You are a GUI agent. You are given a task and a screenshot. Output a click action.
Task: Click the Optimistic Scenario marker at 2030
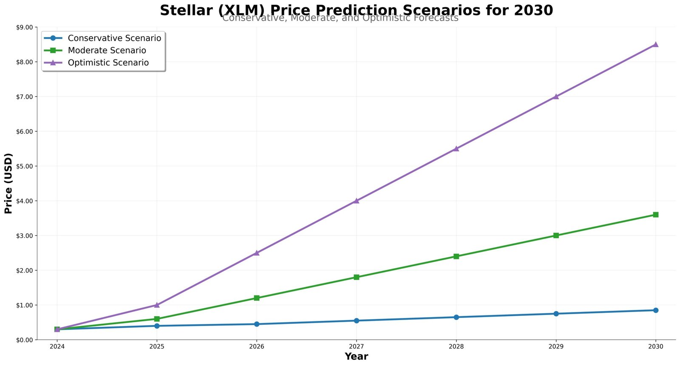pos(655,45)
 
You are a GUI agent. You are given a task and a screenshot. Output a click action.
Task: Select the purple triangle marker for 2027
pos(356,201)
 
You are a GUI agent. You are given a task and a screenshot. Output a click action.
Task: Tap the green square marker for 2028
pos(456,256)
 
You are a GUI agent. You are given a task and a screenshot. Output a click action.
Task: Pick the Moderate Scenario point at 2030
pos(655,215)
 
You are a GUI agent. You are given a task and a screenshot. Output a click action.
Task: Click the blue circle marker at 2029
pos(556,314)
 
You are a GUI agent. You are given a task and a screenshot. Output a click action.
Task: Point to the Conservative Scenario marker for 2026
pos(257,324)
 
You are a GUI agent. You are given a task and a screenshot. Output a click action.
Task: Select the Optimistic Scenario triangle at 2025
pos(157,305)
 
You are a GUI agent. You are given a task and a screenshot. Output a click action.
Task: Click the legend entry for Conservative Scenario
pos(114,38)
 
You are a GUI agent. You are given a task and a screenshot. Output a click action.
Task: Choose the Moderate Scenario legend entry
pos(107,51)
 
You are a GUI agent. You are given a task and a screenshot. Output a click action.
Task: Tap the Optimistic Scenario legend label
pos(108,63)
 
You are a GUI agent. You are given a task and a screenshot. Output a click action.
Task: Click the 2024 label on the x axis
pos(57,347)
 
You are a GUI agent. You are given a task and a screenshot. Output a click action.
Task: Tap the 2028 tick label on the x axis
pos(456,347)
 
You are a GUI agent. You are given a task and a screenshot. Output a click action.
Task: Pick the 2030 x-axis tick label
pos(655,347)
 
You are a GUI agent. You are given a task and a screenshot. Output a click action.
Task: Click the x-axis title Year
pos(356,357)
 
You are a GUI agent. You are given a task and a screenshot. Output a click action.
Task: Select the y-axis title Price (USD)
pos(8,183)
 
